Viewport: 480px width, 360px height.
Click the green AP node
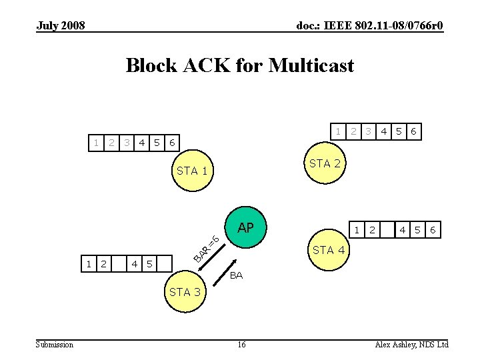[246, 228]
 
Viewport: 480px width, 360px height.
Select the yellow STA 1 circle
[192, 171]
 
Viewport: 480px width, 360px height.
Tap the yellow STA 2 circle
[325, 163]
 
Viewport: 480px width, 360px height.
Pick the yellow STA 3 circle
[189, 291]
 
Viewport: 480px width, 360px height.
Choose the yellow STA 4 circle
[328, 250]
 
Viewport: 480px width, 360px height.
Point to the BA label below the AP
[237, 275]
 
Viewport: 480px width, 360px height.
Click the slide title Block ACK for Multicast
[240, 65]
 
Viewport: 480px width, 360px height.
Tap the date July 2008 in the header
[61, 26]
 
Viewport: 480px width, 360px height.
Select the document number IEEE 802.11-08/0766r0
[369, 26]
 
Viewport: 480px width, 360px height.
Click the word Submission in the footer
[55, 344]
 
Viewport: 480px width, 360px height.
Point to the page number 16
[241, 344]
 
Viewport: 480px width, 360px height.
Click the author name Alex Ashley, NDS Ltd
[411, 344]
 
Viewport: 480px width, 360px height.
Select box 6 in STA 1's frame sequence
[172, 142]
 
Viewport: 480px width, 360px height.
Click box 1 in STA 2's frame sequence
[339, 131]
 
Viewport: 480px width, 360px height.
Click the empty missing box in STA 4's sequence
[387, 230]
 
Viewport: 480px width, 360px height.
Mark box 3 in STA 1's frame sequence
[126, 142]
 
